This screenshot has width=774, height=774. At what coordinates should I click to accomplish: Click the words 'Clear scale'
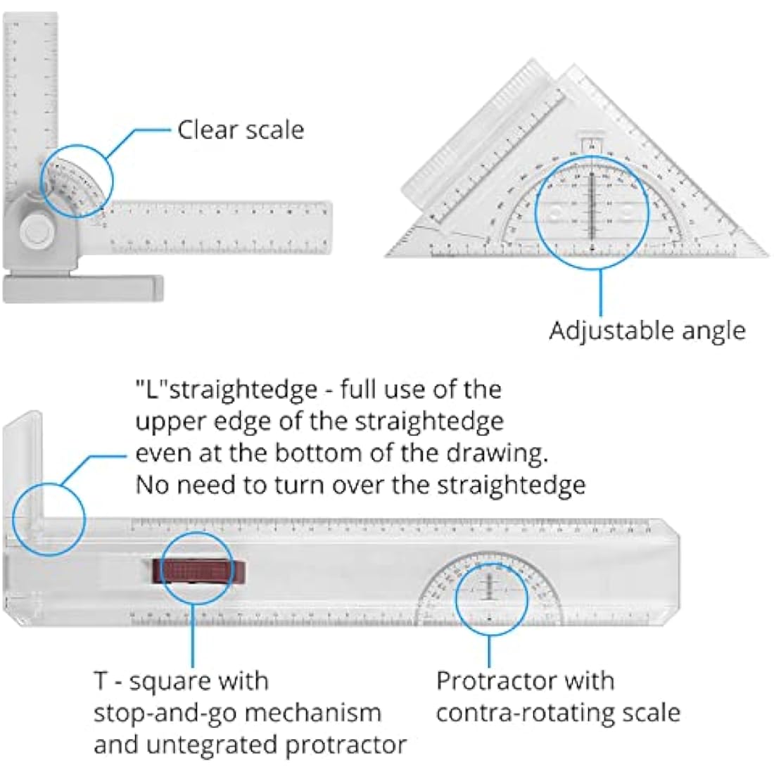coord(241,130)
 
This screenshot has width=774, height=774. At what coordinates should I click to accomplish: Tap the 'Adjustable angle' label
coord(647,330)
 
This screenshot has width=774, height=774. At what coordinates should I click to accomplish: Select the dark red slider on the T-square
coord(200,570)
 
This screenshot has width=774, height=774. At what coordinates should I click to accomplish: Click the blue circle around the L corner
coord(48,519)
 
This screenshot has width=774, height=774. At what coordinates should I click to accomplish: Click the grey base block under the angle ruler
coord(83,288)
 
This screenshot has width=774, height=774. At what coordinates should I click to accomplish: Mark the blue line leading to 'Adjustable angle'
coord(600,292)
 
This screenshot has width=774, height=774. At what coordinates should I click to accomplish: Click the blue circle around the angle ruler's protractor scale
coord(76,179)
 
